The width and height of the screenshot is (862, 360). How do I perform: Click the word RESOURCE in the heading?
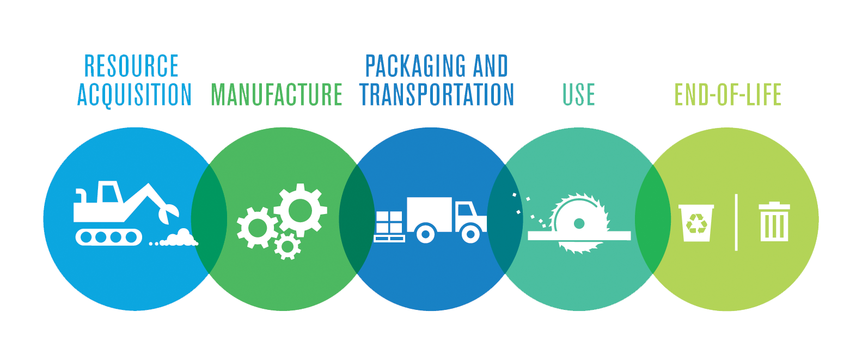pyautogui.click(x=131, y=66)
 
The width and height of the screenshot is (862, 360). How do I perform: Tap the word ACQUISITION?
pyautogui.click(x=135, y=95)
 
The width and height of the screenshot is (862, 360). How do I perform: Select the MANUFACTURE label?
pyautogui.click(x=277, y=95)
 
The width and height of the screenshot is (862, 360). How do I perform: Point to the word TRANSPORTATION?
pyautogui.click(x=437, y=95)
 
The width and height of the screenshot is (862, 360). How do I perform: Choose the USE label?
pyautogui.click(x=578, y=95)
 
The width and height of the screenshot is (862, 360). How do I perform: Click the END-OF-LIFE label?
pyautogui.click(x=727, y=95)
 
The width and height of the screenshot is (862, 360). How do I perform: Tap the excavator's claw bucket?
pyautogui.click(x=169, y=213)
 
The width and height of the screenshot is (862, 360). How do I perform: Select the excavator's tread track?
pyautogui.click(x=108, y=237)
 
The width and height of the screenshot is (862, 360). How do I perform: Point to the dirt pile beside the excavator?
pyautogui.click(x=179, y=238)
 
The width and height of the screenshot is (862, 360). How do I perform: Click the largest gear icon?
pyautogui.click(x=300, y=210)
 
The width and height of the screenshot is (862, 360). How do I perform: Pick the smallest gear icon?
pyautogui.click(x=287, y=246)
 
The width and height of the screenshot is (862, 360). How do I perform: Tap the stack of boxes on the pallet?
pyautogui.click(x=389, y=222)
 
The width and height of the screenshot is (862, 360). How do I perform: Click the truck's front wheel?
pyautogui.click(x=470, y=233)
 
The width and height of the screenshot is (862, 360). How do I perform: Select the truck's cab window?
pyautogui.click(x=465, y=210)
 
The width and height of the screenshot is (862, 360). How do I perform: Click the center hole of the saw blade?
pyautogui.click(x=579, y=223)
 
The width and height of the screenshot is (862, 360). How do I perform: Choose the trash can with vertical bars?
pyautogui.click(x=774, y=222)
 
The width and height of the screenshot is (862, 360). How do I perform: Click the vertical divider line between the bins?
pyautogui.click(x=736, y=223)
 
